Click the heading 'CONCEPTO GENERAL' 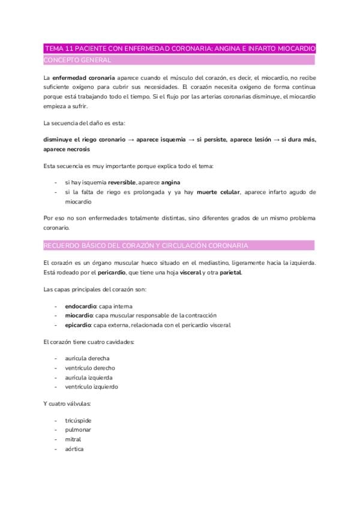coord(77,60)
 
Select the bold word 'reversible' coord(122,182)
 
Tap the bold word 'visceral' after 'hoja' coord(192,273)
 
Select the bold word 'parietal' coord(231,273)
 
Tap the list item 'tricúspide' coord(79,420)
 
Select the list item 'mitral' coord(73,439)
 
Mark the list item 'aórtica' coord(74,448)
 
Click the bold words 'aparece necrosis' coord(67,149)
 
